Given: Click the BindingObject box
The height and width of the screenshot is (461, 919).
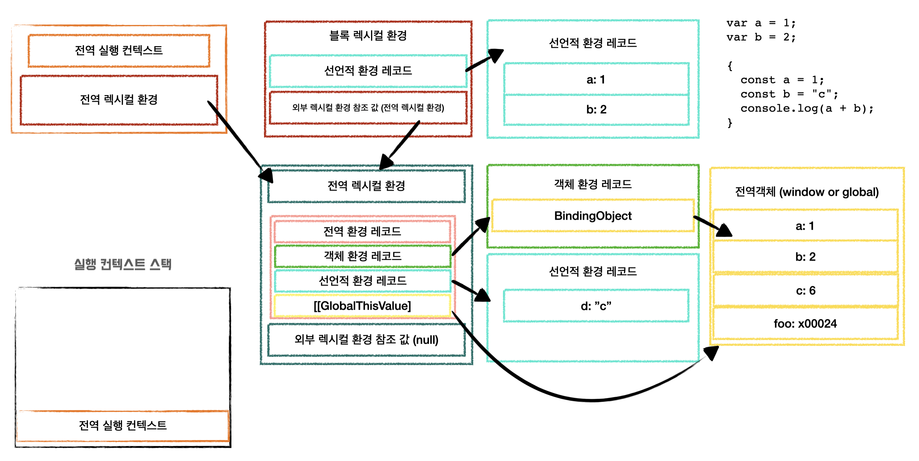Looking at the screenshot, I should tap(593, 216).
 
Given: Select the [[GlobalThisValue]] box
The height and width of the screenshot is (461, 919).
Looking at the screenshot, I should tap(362, 306).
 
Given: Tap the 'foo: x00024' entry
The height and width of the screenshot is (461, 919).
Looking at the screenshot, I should tap(805, 324).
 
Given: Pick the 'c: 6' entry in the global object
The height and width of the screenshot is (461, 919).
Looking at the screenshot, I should tap(805, 290).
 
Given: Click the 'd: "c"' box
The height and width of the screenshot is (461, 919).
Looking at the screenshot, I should tap(596, 306).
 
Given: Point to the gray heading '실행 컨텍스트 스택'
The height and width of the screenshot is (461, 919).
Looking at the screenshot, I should tap(123, 264).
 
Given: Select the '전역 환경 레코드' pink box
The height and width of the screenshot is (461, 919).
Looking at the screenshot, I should tap(362, 231).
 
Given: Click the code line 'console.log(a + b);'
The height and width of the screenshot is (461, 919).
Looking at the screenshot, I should tap(807, 108).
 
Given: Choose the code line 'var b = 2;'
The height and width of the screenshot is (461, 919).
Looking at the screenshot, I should tap(761, 37).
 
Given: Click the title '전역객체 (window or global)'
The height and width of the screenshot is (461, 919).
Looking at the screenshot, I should tap(807, 192).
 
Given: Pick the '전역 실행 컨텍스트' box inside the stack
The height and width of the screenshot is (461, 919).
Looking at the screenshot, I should tap(123, 425).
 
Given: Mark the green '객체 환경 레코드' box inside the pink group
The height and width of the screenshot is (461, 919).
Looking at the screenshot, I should tap(362, 256).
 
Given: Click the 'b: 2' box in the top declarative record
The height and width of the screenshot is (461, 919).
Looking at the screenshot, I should tap(596, 110).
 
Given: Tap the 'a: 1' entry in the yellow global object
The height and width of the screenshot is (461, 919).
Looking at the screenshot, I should tap(805, 226).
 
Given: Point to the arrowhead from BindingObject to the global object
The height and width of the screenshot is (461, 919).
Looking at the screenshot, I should tap(723, 230).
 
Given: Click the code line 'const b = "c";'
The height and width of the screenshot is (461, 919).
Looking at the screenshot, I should tap(789, 94).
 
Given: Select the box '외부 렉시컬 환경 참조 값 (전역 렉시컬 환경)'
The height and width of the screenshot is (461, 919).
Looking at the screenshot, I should tap(368, 108).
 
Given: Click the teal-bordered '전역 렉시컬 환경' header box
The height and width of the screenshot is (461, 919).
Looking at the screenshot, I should tap(366, 186).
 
